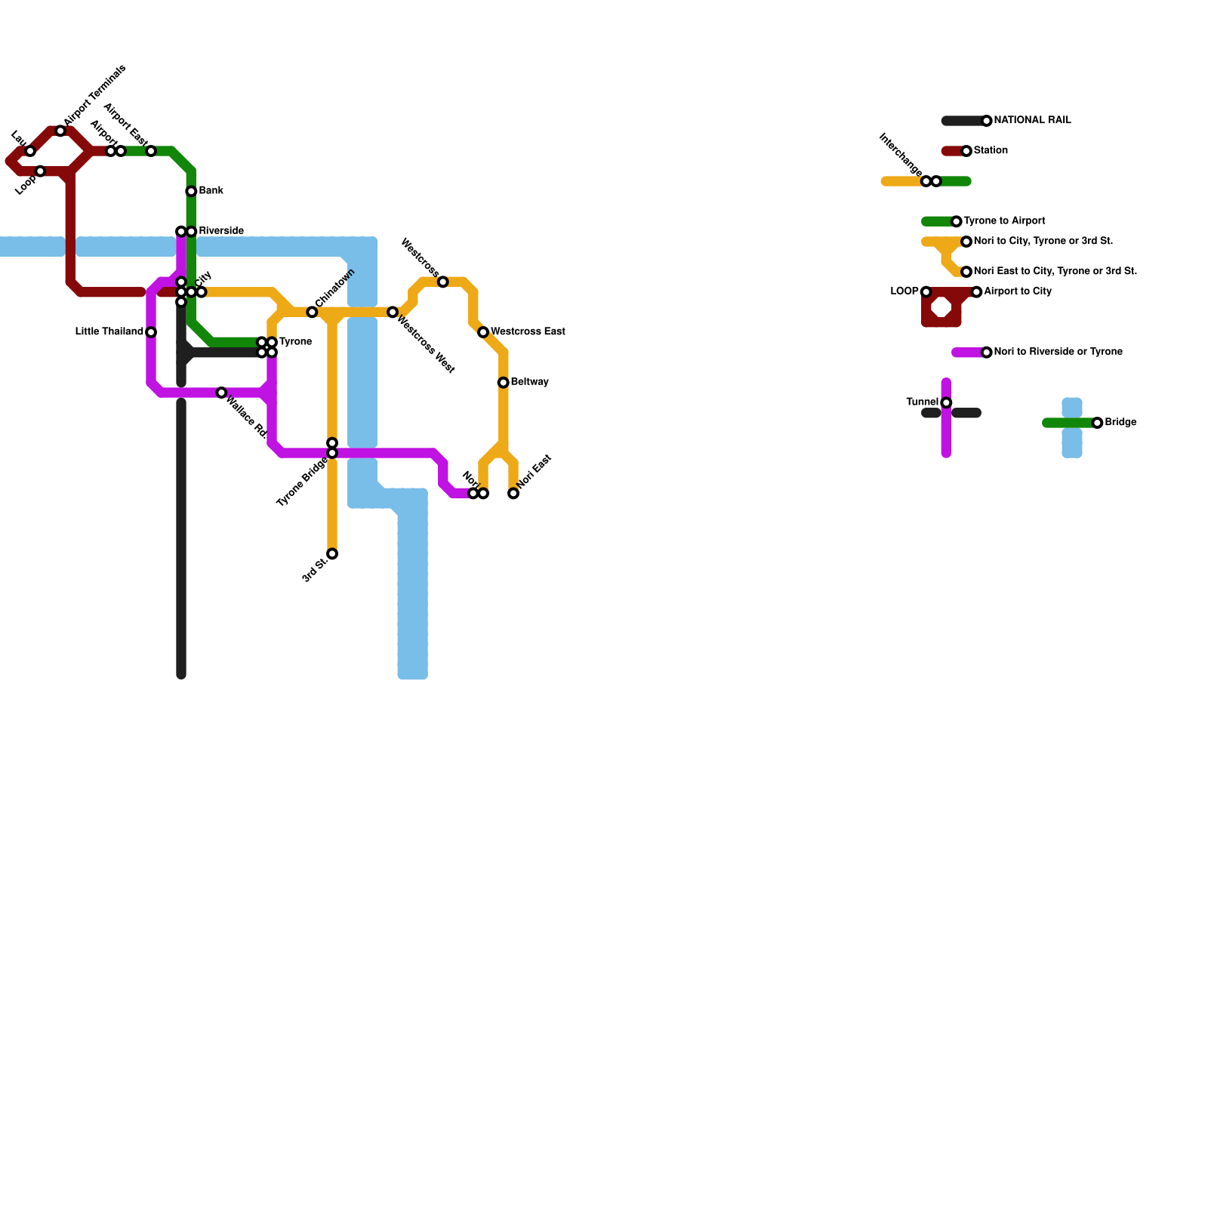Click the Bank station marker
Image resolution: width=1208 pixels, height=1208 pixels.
[191, 191]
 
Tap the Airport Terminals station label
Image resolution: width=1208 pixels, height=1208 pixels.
[95, 95]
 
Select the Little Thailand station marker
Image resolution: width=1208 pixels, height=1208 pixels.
[151, 332]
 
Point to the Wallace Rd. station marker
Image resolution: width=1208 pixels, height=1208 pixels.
[221, 393]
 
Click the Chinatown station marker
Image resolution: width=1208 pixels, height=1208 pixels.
[312, 312]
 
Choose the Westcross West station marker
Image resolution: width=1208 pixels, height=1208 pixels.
[393, 312]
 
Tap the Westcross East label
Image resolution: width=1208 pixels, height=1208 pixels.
[528, 332]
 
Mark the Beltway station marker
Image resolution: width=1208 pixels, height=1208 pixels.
[503, 383]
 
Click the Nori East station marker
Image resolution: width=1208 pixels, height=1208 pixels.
[513, 494]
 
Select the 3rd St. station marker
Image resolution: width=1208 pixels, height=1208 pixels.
[332, 554]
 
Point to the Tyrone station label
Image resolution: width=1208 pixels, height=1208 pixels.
[295, 342]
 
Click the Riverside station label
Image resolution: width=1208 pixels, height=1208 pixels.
[221, 231]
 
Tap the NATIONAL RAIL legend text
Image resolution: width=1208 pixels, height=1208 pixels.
[1032, 121]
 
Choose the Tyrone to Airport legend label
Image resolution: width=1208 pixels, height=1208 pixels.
[1004, 221]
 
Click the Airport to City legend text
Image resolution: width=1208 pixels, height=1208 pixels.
[1018, 291]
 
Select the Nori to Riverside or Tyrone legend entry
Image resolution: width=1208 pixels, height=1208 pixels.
[1058, 352]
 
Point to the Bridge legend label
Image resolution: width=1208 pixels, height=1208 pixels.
[1120, 423]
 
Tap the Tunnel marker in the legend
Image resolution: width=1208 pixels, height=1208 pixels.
[946, 402]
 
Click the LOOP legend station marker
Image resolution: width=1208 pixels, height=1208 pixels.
[926, 292]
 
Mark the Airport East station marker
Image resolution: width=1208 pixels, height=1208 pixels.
[151, 151]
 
